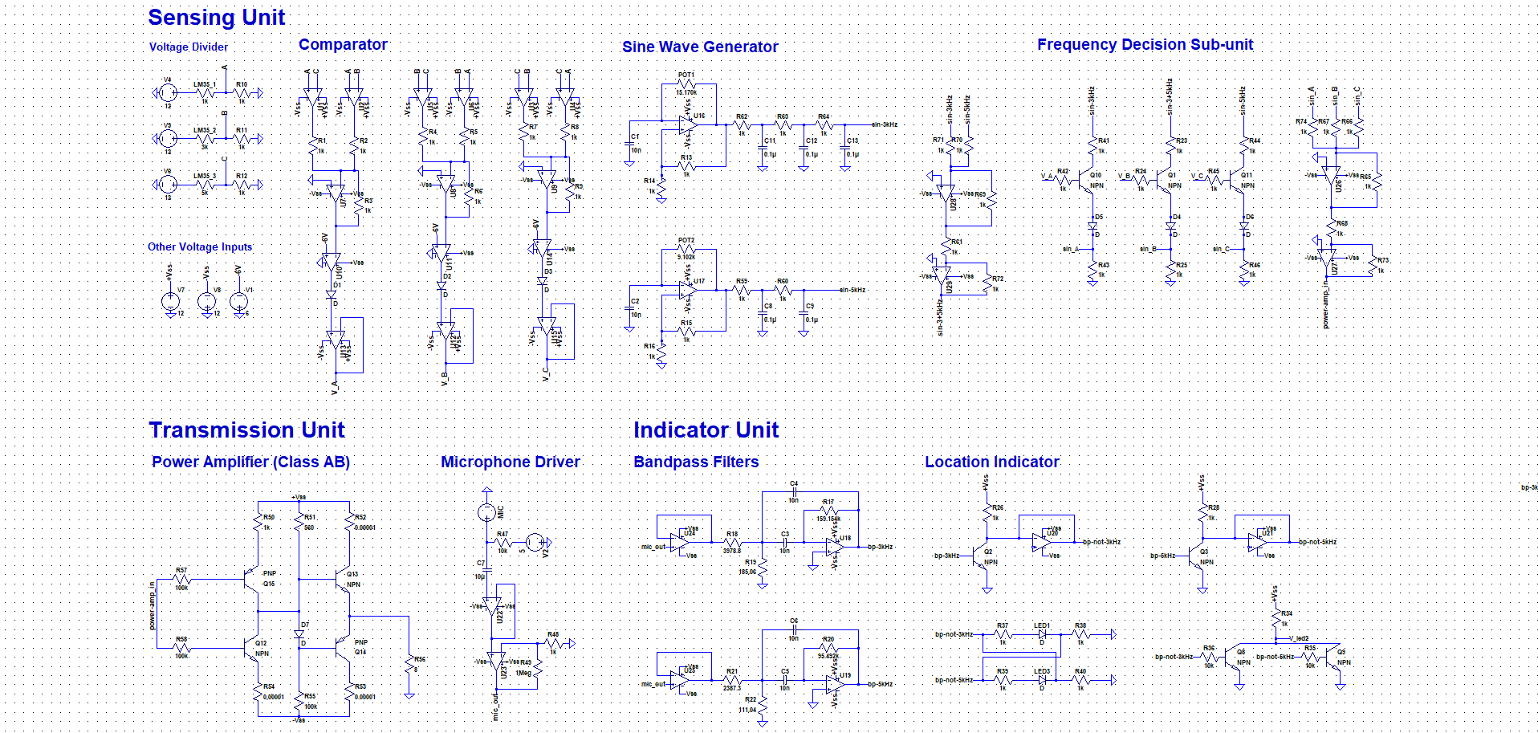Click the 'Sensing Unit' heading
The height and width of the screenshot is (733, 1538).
[x=216, y=18]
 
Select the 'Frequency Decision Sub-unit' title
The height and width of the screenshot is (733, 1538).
[x=1145, y=45]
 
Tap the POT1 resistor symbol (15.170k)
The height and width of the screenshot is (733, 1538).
[x=686, y=83]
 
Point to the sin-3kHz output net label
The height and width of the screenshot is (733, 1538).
[x=884, y=124]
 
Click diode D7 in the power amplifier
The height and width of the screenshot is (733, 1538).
[x=300, y=634]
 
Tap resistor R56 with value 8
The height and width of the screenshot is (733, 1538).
[x=410, y=665]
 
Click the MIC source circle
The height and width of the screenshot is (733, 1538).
[x=486, y=512]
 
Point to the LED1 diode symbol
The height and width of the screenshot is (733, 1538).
[x=1042, y=634]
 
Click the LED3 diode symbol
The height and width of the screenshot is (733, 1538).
[x=1042, y=680]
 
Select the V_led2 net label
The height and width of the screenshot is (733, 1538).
[x=1298, y=638]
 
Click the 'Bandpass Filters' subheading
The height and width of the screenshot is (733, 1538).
[x=695, y=462]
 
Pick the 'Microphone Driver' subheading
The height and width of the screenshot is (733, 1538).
[x=510, y=462]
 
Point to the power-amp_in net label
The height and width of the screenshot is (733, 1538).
[x=152, y=605]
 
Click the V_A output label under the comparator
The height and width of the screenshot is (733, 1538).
[x=335, y=386]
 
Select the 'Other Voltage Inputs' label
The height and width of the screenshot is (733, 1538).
[x=200, y=247]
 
